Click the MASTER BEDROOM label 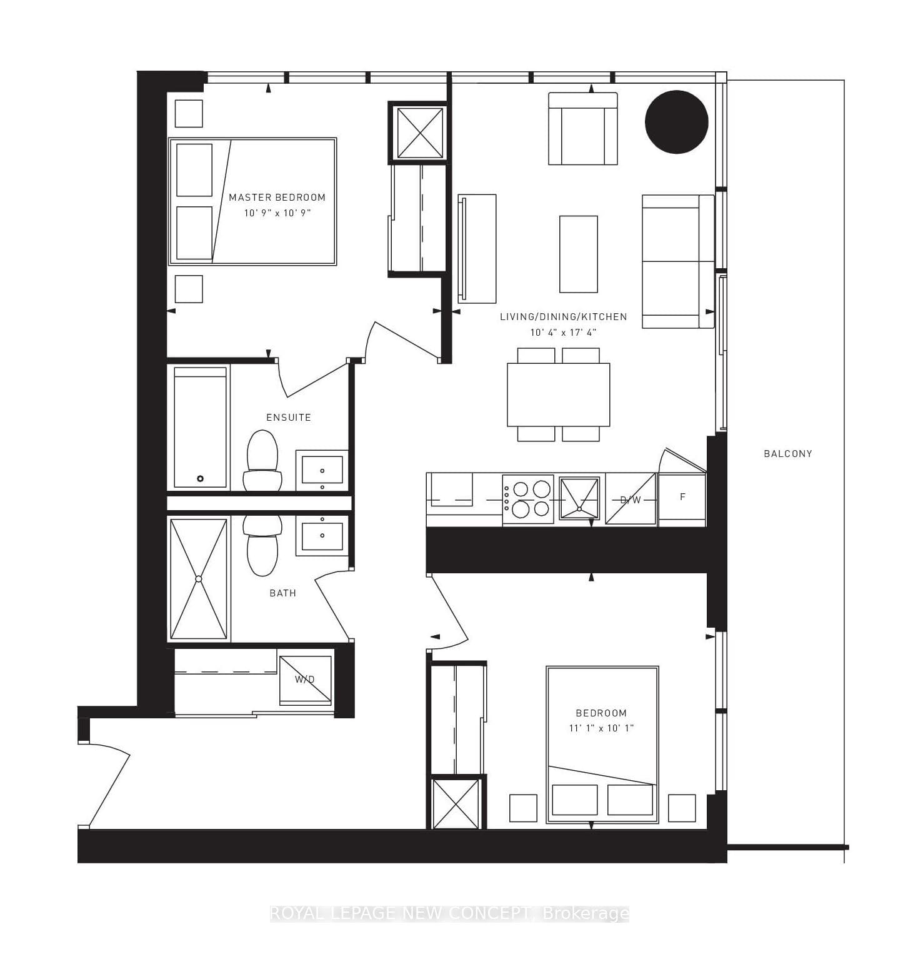tap(277, 198)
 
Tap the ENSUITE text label tap(288, 417)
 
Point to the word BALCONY tap(787, 454)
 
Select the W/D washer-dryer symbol tap(305, 680)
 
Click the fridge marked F tap(682, 498)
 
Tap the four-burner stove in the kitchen tap(527, 499)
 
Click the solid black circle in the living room tap(676, 122)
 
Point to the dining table tap(558, 394)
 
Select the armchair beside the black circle tap(583, 129)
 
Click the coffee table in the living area tap(579, 254)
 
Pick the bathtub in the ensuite tap(200, 427)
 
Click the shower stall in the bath tap(199, 579)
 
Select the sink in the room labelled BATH tap(322, 535)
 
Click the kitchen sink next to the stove tap(579, 498)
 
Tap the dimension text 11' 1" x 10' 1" tap(601, 728)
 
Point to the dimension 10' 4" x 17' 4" tap(563, 333)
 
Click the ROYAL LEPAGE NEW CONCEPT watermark tap(449, 913)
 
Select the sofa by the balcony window tap(678, 261)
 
